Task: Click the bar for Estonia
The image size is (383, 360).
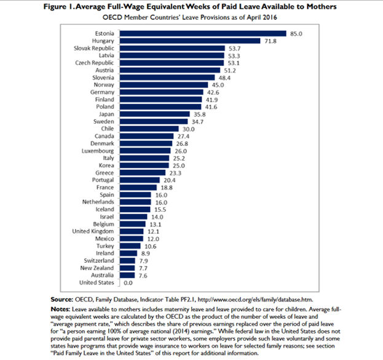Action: click(203, 33)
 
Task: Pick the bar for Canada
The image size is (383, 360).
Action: click(154, 136)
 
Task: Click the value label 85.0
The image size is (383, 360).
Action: click(296, 33)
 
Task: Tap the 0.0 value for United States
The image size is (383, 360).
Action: click(129, 282)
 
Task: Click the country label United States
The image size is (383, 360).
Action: click(96, 282)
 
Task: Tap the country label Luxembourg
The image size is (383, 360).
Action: click(97, 151)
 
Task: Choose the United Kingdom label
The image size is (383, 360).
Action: click(93, 231)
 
